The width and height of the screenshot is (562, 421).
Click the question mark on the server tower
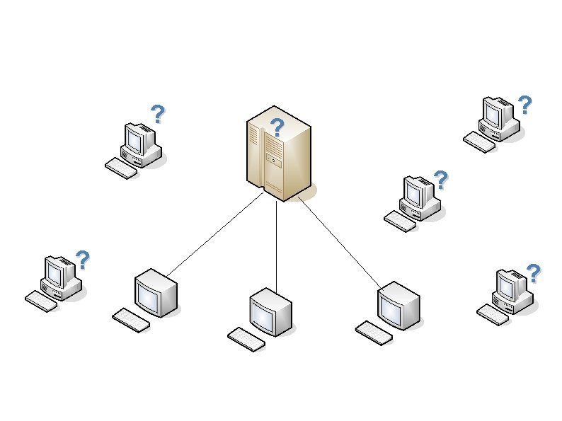click(277, 128)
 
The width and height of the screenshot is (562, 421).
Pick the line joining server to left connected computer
click(214, 234)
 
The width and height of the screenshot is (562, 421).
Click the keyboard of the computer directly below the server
click(246, 338)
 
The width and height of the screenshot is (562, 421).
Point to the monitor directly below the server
click(270, 312)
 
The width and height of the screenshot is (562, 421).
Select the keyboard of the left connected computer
click(131, 319)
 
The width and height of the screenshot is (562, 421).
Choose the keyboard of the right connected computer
click(373, 333)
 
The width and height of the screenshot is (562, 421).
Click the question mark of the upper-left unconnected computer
click(158, 113)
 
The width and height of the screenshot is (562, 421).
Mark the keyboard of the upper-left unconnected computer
click(121, 168)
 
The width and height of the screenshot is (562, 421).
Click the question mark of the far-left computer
click(83, 260)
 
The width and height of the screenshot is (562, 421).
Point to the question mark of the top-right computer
click(524, 105)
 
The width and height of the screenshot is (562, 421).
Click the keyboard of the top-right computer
click(479, 142)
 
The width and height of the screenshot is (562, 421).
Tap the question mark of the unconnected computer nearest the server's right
click(441, 180)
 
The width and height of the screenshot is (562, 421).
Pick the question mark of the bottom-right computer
click(534, 272)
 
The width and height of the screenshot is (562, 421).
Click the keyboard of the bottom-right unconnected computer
click(493, 314)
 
